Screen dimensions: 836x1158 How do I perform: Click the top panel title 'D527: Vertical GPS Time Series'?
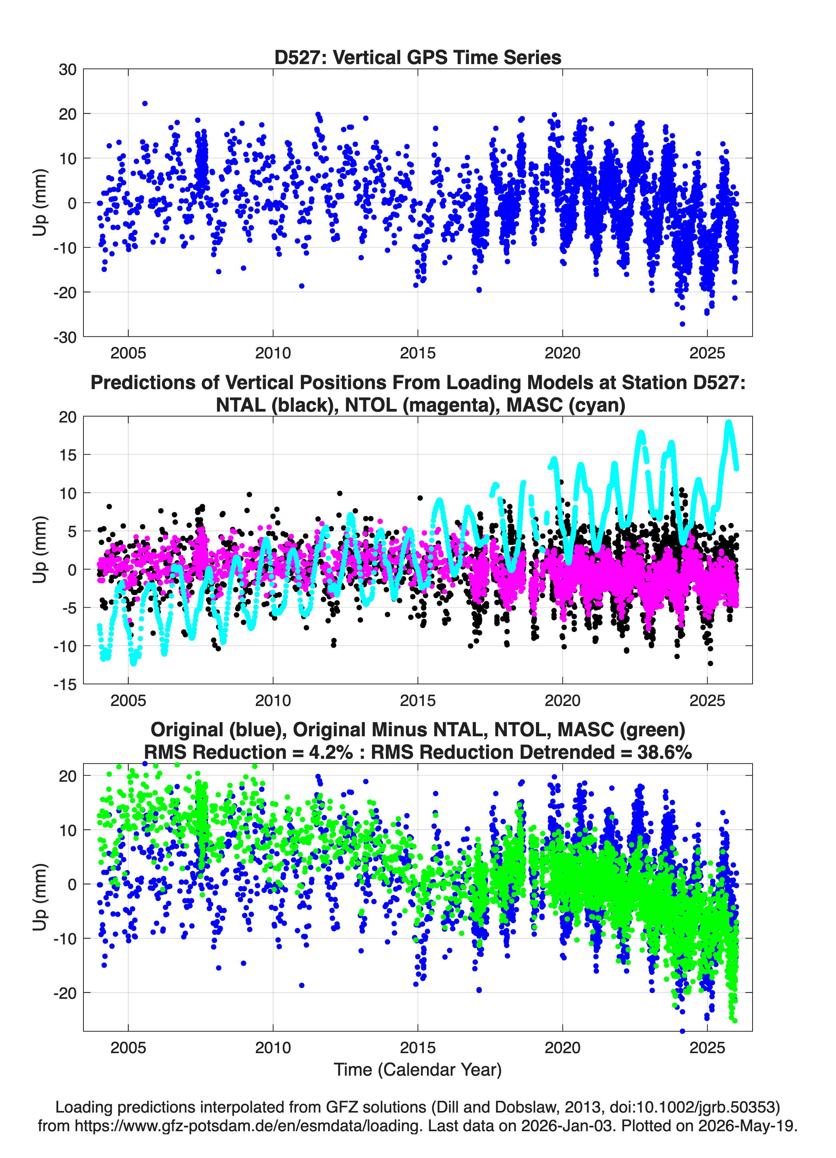[418, 57]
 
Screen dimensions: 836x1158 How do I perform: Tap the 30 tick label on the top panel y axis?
[68, 70]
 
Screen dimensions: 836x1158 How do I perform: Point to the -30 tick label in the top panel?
[65, 337]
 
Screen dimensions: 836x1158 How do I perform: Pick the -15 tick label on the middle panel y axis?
[65, 684]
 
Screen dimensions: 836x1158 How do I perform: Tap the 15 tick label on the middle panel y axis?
[68, 454]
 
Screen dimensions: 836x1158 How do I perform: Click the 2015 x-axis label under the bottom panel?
[418, 1047]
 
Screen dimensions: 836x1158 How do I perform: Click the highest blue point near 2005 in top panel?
[145, 104]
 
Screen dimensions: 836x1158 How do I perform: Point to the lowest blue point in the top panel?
[682, 324]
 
